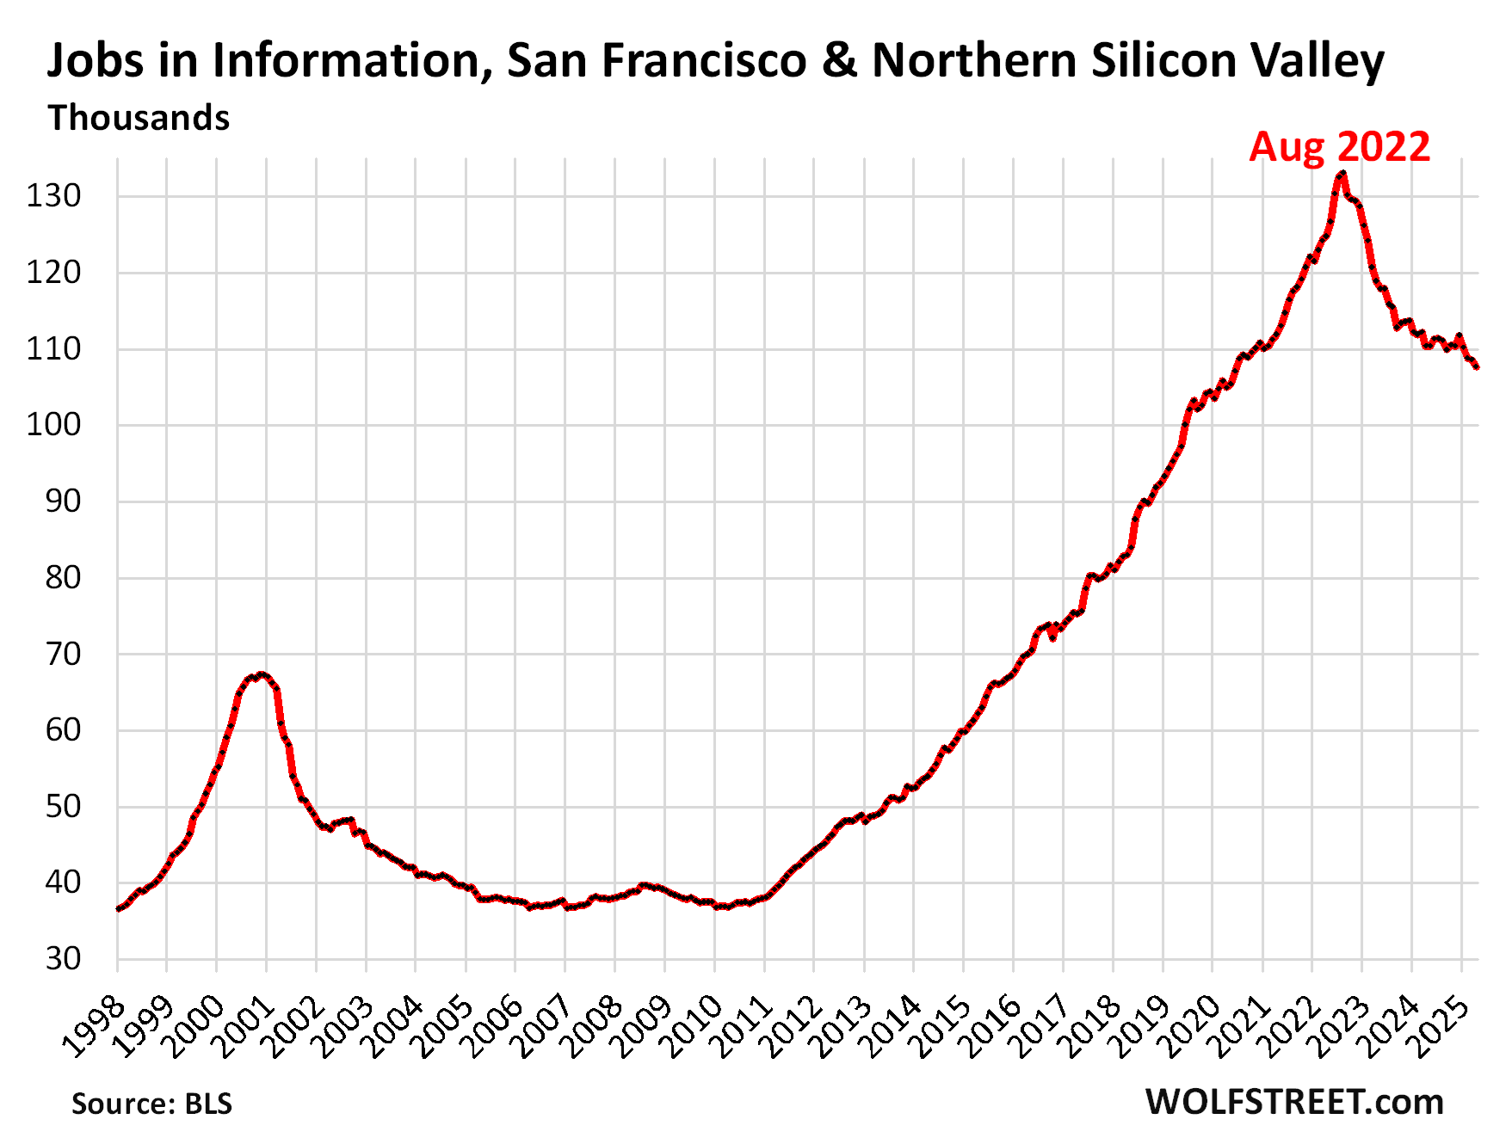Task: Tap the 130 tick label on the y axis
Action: [x=53, y=196]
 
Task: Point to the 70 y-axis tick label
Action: [x=63, y=654]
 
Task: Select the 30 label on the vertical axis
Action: [x=63, y=958]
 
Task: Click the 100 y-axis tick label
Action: [x=53, y=425]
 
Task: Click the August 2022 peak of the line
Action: [x=1342, y=175]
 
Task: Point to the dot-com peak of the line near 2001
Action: [x=262, y=674]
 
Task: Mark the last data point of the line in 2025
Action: [x=1477, y=367]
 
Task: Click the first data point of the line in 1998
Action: [x=118, y=908]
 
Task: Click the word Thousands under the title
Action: [x=139, y=118]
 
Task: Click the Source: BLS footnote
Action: [x=151, y=1104]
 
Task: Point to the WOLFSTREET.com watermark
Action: [x=1294, y=1102]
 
